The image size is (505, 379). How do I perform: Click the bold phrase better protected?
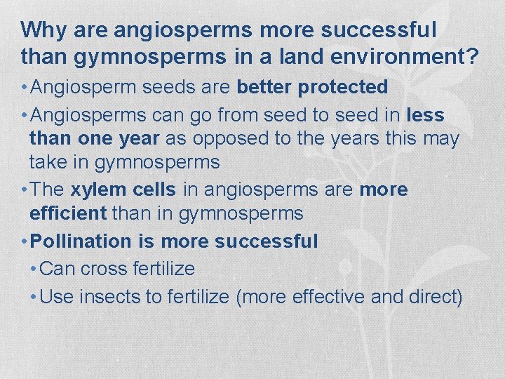tap(312, 87)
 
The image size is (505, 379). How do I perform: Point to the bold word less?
tap(425, 114)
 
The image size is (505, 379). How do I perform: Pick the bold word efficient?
tap(67, 213)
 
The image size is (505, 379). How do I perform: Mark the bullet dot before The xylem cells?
tap(25, 190)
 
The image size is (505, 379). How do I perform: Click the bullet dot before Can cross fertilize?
tap(35, 270)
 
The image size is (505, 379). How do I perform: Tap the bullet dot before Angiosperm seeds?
tap(25, 88)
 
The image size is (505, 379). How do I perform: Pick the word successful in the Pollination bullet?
tap(267, 241)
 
